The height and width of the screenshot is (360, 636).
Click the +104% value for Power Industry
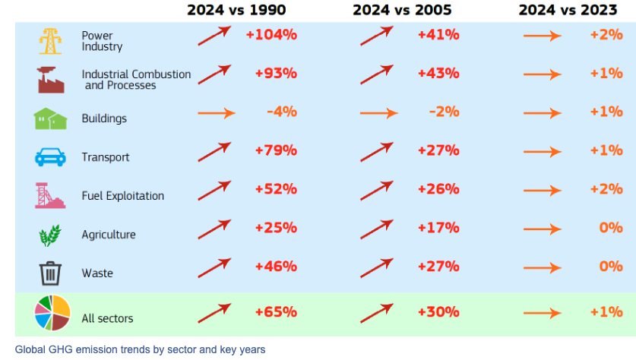271,35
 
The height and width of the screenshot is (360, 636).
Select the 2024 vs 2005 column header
402,10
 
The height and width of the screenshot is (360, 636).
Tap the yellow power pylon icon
50,41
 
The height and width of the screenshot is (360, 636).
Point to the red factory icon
51,80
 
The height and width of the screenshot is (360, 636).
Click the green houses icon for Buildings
50,118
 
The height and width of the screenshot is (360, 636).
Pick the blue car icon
50,157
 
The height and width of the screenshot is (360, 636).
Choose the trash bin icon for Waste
50,273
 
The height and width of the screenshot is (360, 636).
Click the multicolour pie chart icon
52,313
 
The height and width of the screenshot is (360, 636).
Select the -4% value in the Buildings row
282,112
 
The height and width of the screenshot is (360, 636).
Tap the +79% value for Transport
276,150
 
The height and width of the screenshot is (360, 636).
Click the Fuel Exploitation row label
123,196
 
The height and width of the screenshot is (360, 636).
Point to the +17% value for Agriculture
438,228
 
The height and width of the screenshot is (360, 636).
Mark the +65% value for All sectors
276,312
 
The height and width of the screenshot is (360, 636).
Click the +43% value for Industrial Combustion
438,74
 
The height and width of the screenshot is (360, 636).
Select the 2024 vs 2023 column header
568,10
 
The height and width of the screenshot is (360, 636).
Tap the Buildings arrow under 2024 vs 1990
217,113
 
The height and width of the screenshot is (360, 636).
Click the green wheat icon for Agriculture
50,235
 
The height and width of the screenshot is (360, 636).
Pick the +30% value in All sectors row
438,312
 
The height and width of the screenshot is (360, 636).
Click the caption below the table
140,349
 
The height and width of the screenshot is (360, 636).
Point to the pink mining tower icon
50,195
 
